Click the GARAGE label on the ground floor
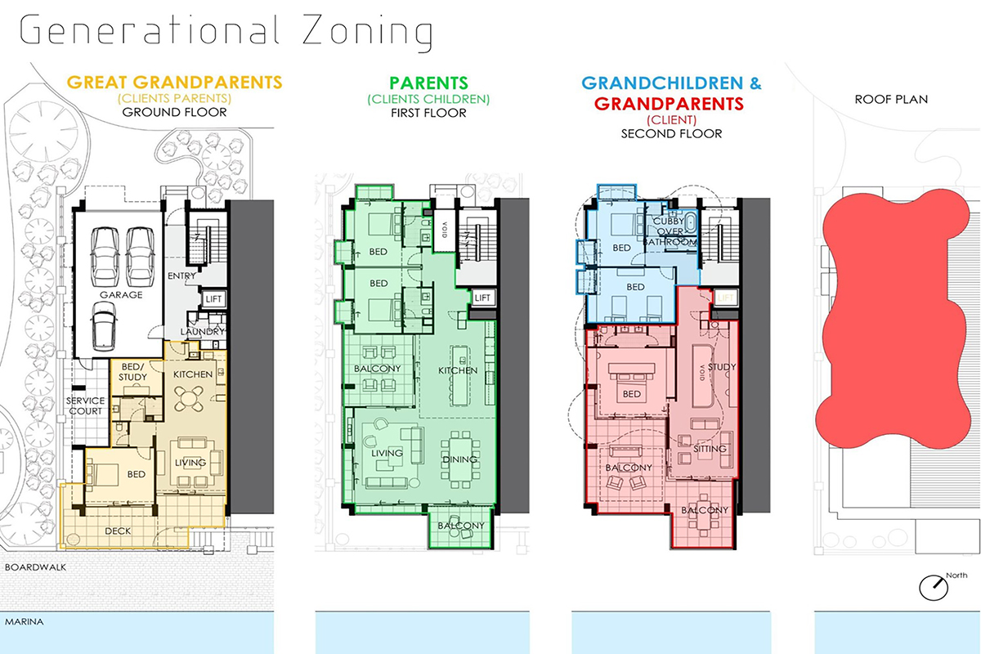point(121,295)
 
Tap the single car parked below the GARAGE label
point(104,326)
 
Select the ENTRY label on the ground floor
point(181,275)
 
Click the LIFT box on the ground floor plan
point(213,298)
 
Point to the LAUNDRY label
point(203,332)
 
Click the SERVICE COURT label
point(85,405)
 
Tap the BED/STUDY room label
point(132,371)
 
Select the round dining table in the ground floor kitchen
point(189,399)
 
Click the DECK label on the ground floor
point(118,531)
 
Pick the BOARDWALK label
point(35,567)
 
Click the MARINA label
point(24,621)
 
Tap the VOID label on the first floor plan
point(445,230)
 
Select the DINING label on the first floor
point(459,459)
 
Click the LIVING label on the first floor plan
point(387,453)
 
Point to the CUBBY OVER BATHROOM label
point(670,231)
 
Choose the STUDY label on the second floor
point(722,366)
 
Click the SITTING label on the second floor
point(710,449)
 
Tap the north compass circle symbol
point(934,588)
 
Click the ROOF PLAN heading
point(891,100)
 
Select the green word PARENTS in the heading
point(428,83)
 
